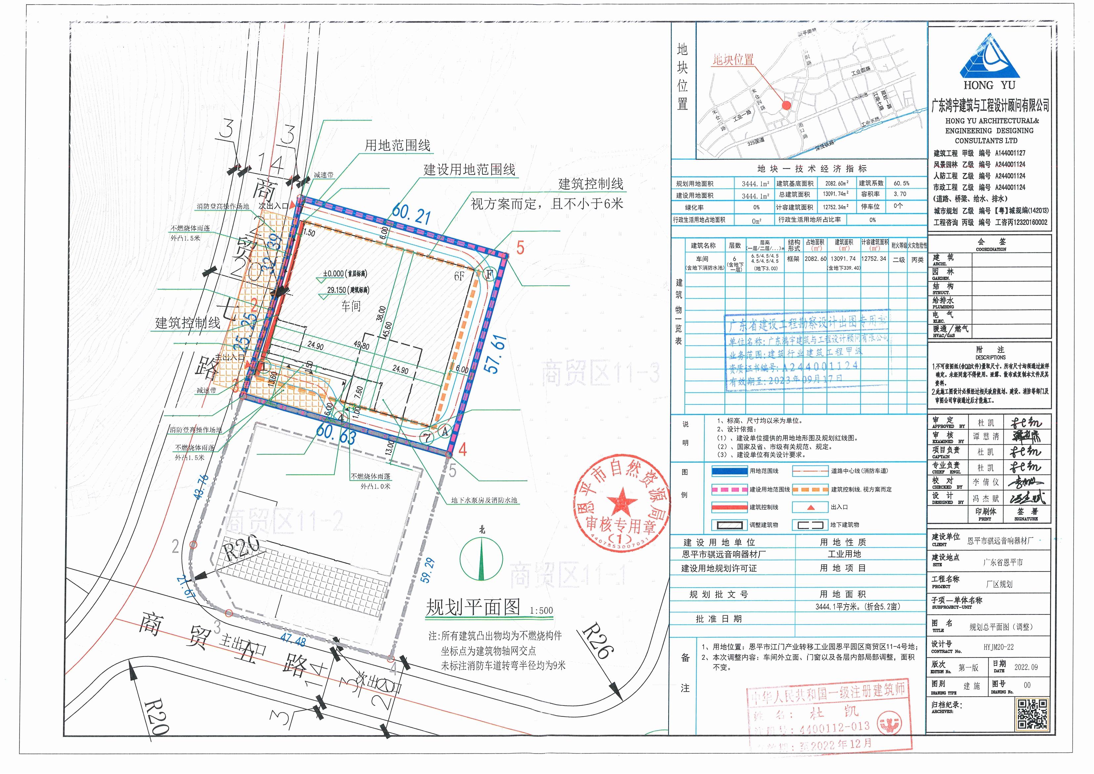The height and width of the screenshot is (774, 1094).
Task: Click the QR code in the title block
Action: coord(1032,714)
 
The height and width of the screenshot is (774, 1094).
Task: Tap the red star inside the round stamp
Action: coord(622,502)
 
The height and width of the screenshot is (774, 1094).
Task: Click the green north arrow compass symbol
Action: coord(482,557)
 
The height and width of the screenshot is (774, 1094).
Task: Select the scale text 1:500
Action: coord(541,611)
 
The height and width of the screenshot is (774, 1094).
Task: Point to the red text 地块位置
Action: coord(733,60)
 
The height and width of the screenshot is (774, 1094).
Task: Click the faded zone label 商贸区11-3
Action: coord(600,374)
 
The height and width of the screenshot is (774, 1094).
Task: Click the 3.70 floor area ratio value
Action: coord(887,194)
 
